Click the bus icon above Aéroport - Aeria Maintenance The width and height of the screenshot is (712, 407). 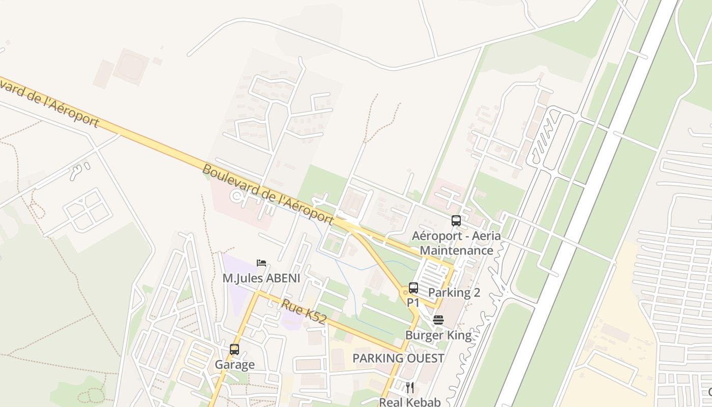[456, 221]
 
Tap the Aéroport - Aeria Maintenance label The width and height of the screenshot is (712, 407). [456, 243]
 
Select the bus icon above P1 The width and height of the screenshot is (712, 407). [413, 288]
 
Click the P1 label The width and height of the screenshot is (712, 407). [413, 303]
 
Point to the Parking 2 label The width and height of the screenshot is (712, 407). [454, 293]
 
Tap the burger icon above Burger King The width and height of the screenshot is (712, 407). [438, 320]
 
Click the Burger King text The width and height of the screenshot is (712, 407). [438, 335]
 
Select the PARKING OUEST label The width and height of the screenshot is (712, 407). [399, 358]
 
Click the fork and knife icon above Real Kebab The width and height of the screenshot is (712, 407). [410, 388]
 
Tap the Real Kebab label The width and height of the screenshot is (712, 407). [410, 402]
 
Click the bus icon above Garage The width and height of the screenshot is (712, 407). [234, 350]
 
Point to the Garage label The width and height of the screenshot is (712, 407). [234, 365]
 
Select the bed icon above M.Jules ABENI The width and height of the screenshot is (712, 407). [261, 263]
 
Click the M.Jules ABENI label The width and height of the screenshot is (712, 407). [261, 278]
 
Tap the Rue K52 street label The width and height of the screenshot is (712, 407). [304, 311]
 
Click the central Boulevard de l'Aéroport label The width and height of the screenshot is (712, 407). [268, 194]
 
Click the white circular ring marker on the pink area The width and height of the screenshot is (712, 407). [235, 196]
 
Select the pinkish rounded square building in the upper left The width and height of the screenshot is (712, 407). [131, 67]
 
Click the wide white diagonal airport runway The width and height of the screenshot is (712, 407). [585, 203]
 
